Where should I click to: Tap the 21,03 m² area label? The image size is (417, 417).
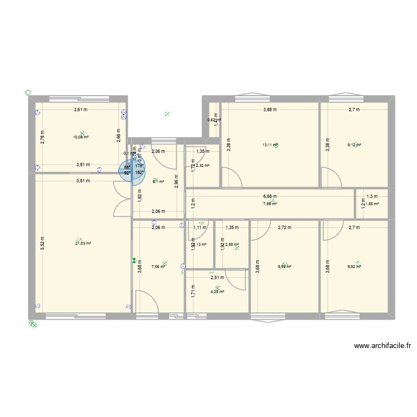83,243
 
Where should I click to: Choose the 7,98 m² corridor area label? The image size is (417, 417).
270,203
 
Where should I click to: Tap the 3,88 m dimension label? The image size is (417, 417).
271,110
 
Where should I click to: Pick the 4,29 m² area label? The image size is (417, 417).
217,291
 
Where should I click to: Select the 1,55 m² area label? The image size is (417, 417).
371,203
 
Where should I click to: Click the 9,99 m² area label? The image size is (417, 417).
284,266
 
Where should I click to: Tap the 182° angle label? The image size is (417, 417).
139,172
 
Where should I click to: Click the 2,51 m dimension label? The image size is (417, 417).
217,277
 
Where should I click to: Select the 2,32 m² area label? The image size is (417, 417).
201,165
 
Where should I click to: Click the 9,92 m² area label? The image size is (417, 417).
354,266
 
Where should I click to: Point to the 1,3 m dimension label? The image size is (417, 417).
371,196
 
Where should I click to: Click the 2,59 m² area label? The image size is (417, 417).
232,244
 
